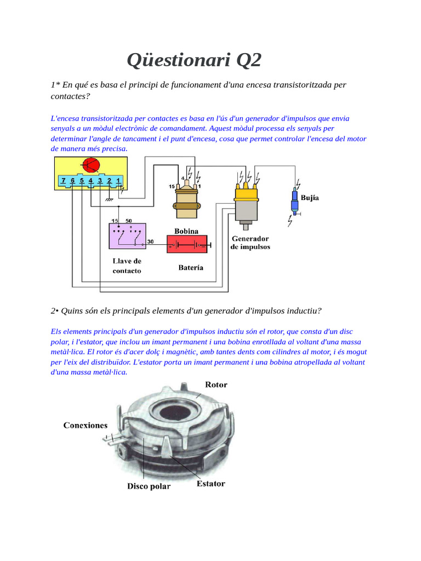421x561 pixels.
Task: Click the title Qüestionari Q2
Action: [x=194, y=60]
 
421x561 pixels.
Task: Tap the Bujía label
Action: [x=310, y=198]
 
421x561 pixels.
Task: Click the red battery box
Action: [x=187, y=244]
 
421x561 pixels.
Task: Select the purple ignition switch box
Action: [x=127, y=236]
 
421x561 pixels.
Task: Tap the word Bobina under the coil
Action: [x=186, y=231]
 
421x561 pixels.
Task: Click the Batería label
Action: [x=191, y=267]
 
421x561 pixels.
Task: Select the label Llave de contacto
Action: [x=127, y=266]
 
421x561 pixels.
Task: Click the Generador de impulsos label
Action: [x=251, y=243]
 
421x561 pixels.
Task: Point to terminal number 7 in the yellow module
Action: [x=64, y=180]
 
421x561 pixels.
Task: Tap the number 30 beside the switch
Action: [x=150, y=241]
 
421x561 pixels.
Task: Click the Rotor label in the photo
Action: [x=216, y=385]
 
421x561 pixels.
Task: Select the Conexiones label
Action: [x=86, y=425]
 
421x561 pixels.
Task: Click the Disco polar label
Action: [x=149, y=486]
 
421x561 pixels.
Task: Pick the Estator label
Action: [x=210, y=484]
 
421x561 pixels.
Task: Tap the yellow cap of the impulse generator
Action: [x=247, y=192]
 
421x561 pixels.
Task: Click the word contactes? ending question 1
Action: [x=70, y=96]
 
